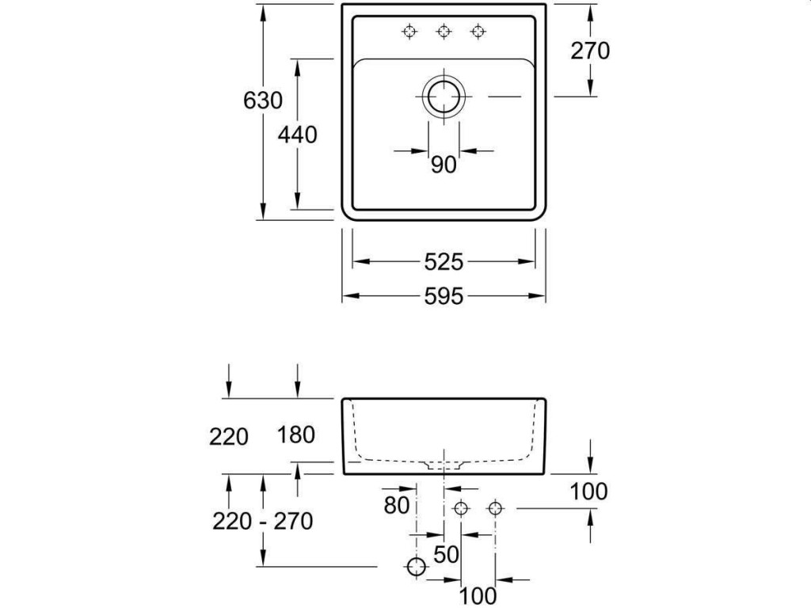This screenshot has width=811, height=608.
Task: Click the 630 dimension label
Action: tap(264, 101)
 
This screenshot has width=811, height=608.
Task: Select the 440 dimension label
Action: tap(298, 135)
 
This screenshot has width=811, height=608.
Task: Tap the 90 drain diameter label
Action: tap(444, 165)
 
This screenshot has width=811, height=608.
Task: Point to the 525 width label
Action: tap(444, 261)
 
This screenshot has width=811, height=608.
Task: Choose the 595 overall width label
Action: tap(444, 296)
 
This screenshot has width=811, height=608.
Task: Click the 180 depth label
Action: tap(297, 434)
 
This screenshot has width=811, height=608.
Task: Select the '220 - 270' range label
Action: tap(263, 521)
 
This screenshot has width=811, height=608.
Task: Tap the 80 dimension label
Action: tap(398, 504)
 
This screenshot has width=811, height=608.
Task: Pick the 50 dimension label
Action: tap(447, 554)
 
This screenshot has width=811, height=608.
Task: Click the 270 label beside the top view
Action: tap(590, 51)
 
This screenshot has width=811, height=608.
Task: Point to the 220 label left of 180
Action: tap(230, 435)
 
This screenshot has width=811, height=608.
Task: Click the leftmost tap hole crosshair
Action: tap(409, 31)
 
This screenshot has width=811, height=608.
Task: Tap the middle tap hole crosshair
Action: tap(444, 31)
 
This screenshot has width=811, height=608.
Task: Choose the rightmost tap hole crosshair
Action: tap(477, 31)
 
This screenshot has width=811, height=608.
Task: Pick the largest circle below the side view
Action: tap(415, 566)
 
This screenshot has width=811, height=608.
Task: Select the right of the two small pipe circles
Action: tap(495, 508)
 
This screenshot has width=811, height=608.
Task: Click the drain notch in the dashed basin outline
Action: tap(444, 465)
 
